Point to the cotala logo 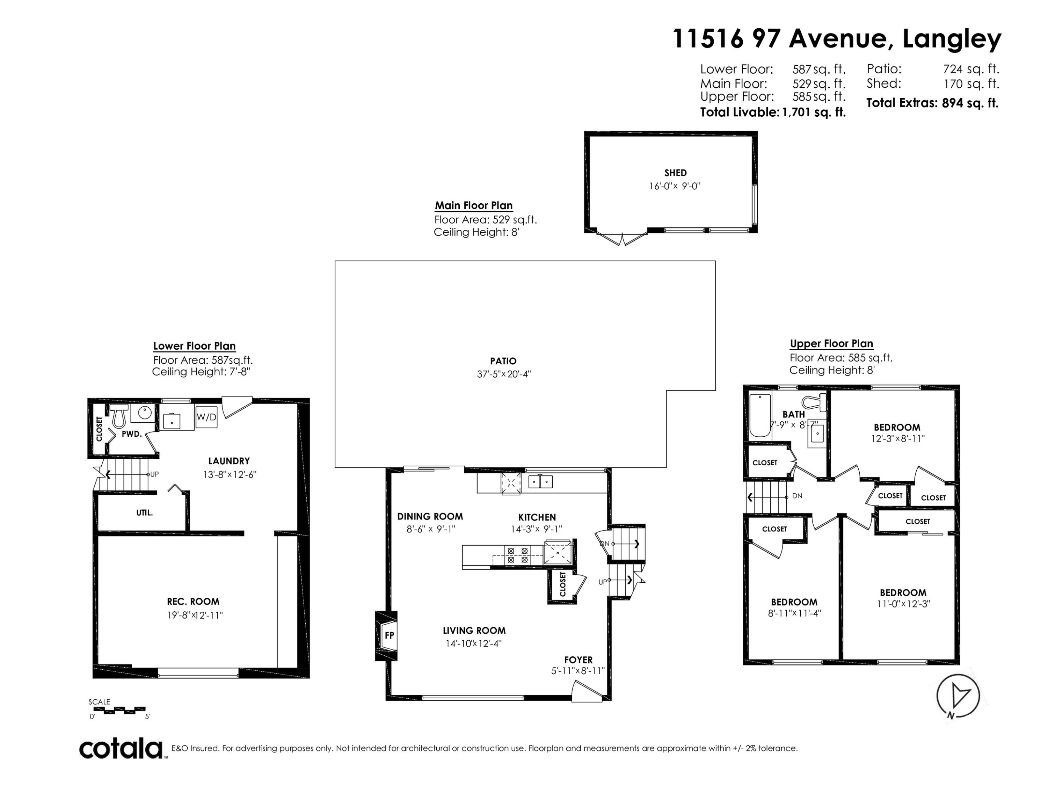click(121, 749)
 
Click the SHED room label click(675, 173)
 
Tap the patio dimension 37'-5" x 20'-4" click(504, 374)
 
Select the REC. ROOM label click(193, 602)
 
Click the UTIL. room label click(145, 512)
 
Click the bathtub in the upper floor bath click(760, 415)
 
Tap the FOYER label click(578, 660)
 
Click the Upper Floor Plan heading click(831, 343)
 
